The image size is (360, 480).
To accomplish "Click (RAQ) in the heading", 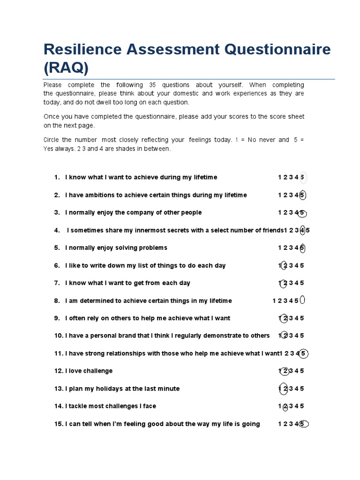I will (x=66, y=68).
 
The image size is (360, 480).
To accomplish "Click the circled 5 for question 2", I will (x=302, y=195).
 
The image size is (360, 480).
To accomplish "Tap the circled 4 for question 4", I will (x=302, y=230).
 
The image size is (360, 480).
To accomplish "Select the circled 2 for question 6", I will (x=284, y=265).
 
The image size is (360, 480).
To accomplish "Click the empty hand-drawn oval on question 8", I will (x=302, y=300).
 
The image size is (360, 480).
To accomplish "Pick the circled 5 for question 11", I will (x=303, y=353).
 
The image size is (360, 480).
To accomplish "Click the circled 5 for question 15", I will (x=303, y=424).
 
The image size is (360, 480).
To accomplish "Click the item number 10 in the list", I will (x=58, y=336).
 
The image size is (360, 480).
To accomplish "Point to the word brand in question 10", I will (x=125, y=336).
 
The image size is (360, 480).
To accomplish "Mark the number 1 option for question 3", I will (x=279, y=213).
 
